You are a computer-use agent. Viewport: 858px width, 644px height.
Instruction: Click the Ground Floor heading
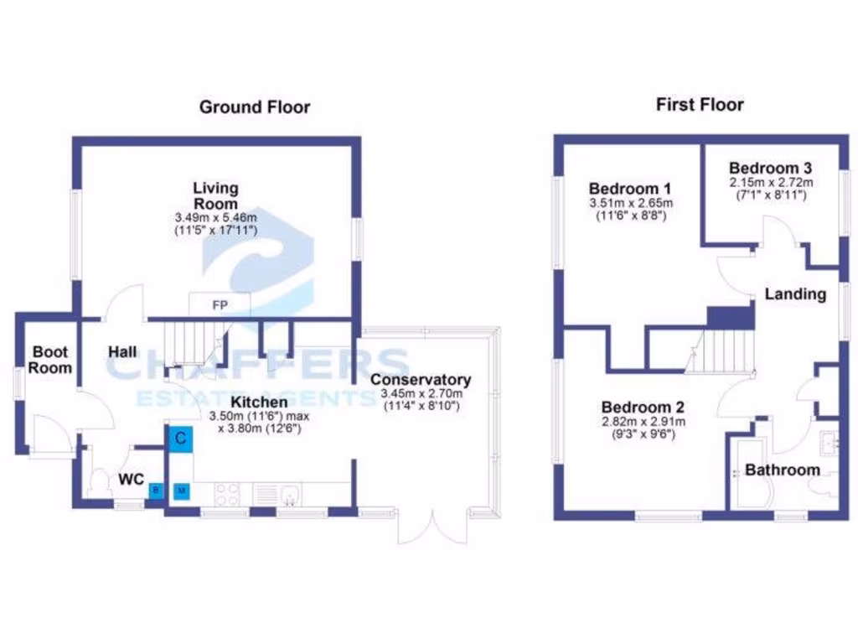[254, 106]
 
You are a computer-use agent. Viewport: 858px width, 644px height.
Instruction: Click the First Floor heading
[700, 105]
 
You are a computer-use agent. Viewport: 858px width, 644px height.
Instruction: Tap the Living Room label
[215, 195]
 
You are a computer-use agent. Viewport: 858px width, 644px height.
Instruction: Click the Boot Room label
[51, 360]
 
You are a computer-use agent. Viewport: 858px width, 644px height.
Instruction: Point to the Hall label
[122, 352]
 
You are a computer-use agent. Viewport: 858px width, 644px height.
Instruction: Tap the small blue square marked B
[155, 491]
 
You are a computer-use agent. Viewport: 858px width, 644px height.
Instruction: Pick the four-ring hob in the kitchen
[227, 494]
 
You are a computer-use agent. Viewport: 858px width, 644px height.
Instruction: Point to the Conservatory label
[421, 379]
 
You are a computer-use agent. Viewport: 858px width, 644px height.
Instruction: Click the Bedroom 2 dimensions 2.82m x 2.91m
[643, 422]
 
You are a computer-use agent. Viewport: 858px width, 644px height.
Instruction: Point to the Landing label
[795, 294]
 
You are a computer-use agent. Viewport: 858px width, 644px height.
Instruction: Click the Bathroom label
[782, 470]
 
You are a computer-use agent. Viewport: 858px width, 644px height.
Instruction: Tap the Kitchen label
[249, 402]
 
